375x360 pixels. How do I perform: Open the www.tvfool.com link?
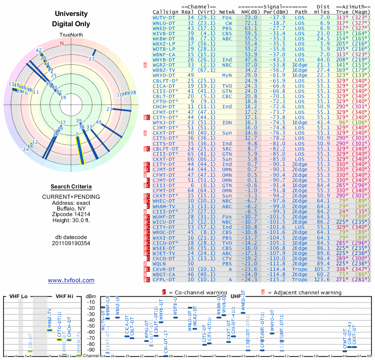[71, 280]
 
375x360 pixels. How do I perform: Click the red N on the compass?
[61, 43]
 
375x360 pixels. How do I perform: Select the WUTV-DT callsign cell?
[165, 17]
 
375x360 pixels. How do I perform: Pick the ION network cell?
[228, 122]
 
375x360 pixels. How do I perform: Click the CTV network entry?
[228, 258]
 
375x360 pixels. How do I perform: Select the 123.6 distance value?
[322, 280]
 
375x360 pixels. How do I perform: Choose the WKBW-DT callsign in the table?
[165, 38]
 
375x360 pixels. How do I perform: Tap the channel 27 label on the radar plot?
[92, 59]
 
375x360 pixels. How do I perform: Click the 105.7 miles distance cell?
[322, 269]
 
